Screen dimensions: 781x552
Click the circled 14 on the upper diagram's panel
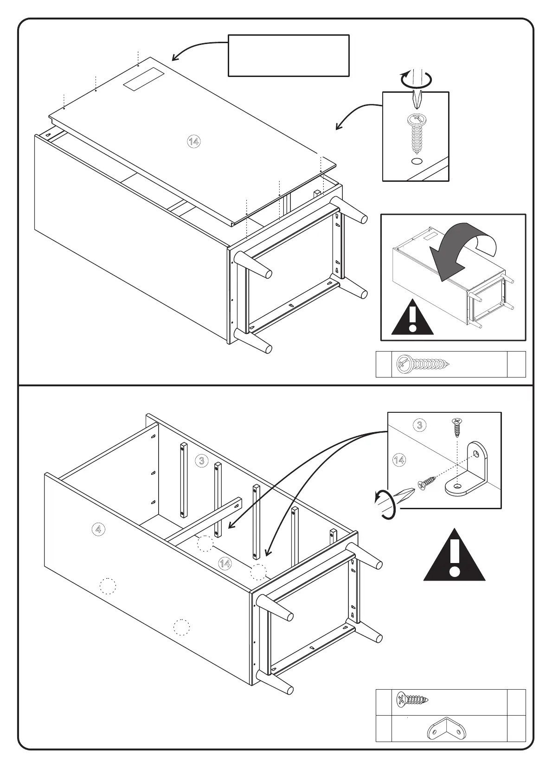click(193, 142)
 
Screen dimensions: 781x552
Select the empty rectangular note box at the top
click(288, 55)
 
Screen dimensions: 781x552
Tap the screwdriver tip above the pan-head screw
click(416, 99)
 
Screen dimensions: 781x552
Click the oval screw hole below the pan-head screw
click(416, 161)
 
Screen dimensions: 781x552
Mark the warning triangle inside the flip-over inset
click(412, 319)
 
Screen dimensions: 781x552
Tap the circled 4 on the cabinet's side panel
click(98, 528)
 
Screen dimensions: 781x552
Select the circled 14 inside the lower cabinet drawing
click(225, 563)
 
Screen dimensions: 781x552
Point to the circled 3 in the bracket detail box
click(419, 425)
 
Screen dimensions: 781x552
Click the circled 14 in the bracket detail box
click(399, 460)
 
